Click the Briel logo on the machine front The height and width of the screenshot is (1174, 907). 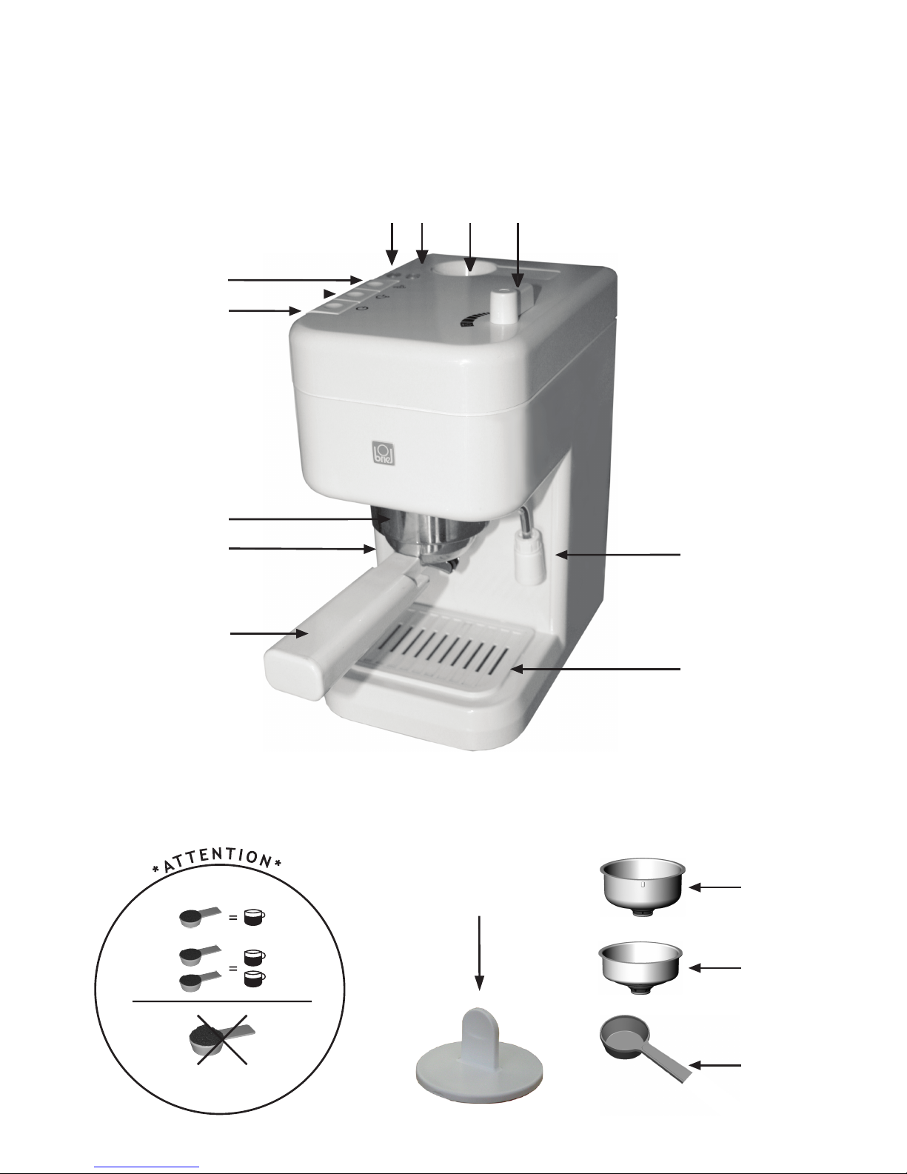coord(384,453)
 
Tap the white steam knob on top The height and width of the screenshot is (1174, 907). coord(504,307)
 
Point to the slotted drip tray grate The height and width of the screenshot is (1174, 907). coord(438,649)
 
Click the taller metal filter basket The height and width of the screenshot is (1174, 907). coord(643,887)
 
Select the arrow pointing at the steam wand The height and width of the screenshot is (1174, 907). coord(618,554)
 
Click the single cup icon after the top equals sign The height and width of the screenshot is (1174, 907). coord(254,918)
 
